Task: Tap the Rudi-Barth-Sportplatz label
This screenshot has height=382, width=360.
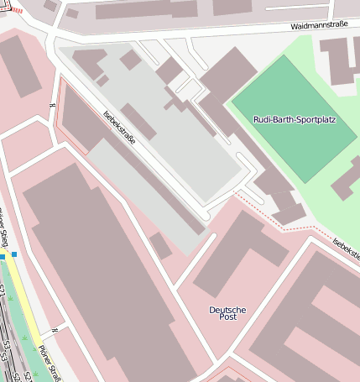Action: tap(294, 120)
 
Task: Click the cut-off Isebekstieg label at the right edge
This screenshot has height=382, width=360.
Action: tap(346, 248)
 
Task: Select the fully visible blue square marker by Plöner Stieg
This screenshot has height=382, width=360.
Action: tap(14, 254)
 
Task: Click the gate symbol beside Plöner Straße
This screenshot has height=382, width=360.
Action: tap(54, 330)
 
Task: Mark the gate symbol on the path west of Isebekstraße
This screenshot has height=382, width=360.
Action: tap(53, 105)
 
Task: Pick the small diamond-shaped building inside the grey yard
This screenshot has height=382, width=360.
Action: tap(130, 60)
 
